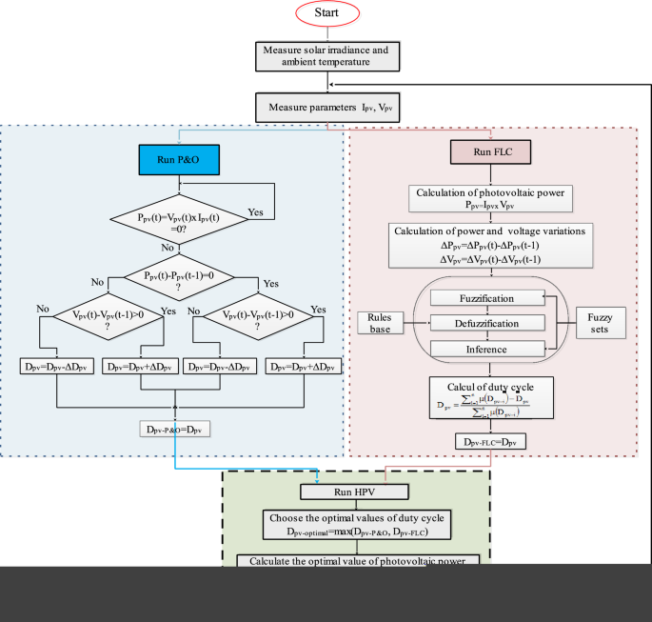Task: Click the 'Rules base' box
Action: tap(383, 323)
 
